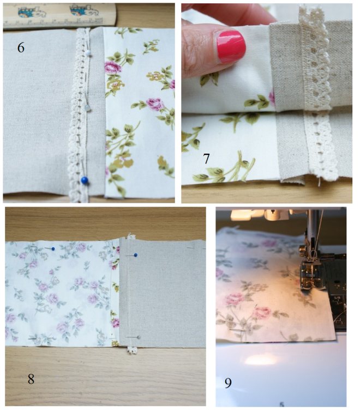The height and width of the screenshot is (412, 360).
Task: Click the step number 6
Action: pyautogui.click(x=21, y=47)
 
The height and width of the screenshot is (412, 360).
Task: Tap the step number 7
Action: pyautogui.click(x=206, y=159)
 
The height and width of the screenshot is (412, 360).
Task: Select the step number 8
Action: pyautogui.click(x=31, y=379)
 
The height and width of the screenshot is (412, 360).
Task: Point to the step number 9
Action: pyautogui.click(x=228, y=383)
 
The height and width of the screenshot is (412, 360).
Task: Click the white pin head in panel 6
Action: pyautogui.click(x=88, y=53)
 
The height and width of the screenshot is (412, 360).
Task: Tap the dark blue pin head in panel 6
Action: pyautogui.click(x=85, y=180)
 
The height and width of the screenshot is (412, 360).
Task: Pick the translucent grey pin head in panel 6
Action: pyautogui.click(x=88, y=108)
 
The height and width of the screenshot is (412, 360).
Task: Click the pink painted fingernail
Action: pyautogui.click(x=231, y=46)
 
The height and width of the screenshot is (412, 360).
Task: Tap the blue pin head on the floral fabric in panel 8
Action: pyautogui.click(x=53, y=249)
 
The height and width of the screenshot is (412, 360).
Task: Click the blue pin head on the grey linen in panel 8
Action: pyautogui.click(x=136, y=255)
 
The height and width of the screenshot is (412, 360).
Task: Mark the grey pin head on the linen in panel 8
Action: pyautogui.click(x=139, y=337)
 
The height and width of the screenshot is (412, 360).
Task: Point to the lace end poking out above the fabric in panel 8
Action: pyautogui.click(x=131, y=236)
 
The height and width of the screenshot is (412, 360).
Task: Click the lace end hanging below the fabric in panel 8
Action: pyautogui.click(x=132, y=350)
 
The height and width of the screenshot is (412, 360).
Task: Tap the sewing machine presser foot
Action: pyautogui.click(x=311, y=273)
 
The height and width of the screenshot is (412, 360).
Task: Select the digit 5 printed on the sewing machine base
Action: pyautogui.click(x=281, y=404)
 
